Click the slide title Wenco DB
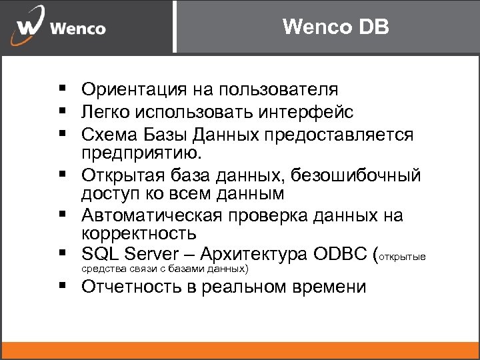coord(336,27)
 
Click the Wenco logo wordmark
coord(77,29)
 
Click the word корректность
coord(139,234)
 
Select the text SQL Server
coord(131,254)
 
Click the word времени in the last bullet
coord(330,287)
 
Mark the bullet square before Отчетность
coord(61,286)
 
